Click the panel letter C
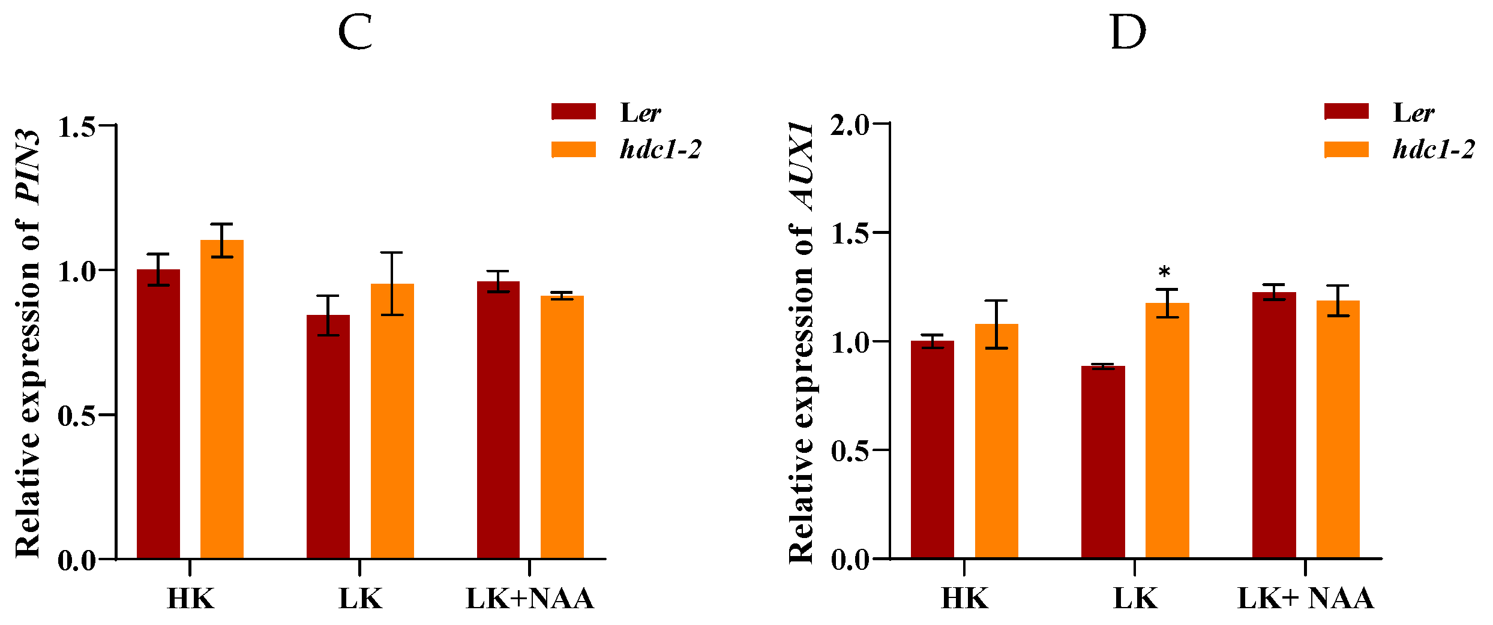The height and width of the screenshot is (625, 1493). pos(355,33)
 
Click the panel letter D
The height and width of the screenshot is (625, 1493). pos(1128,33)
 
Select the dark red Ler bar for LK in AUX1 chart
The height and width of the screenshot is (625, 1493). pos(1103,462)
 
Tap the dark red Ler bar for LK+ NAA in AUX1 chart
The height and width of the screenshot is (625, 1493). pos(1274,425)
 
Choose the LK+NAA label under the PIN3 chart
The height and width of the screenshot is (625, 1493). pos(530,599)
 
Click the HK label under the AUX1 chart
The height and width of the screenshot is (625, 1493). pos(964,599)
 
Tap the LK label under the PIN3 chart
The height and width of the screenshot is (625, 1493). pos(360,599)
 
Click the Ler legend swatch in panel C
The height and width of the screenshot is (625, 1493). pos(574,112)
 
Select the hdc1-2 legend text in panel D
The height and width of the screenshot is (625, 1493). pos(1433,149)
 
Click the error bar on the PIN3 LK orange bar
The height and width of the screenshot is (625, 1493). pos(392,284)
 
